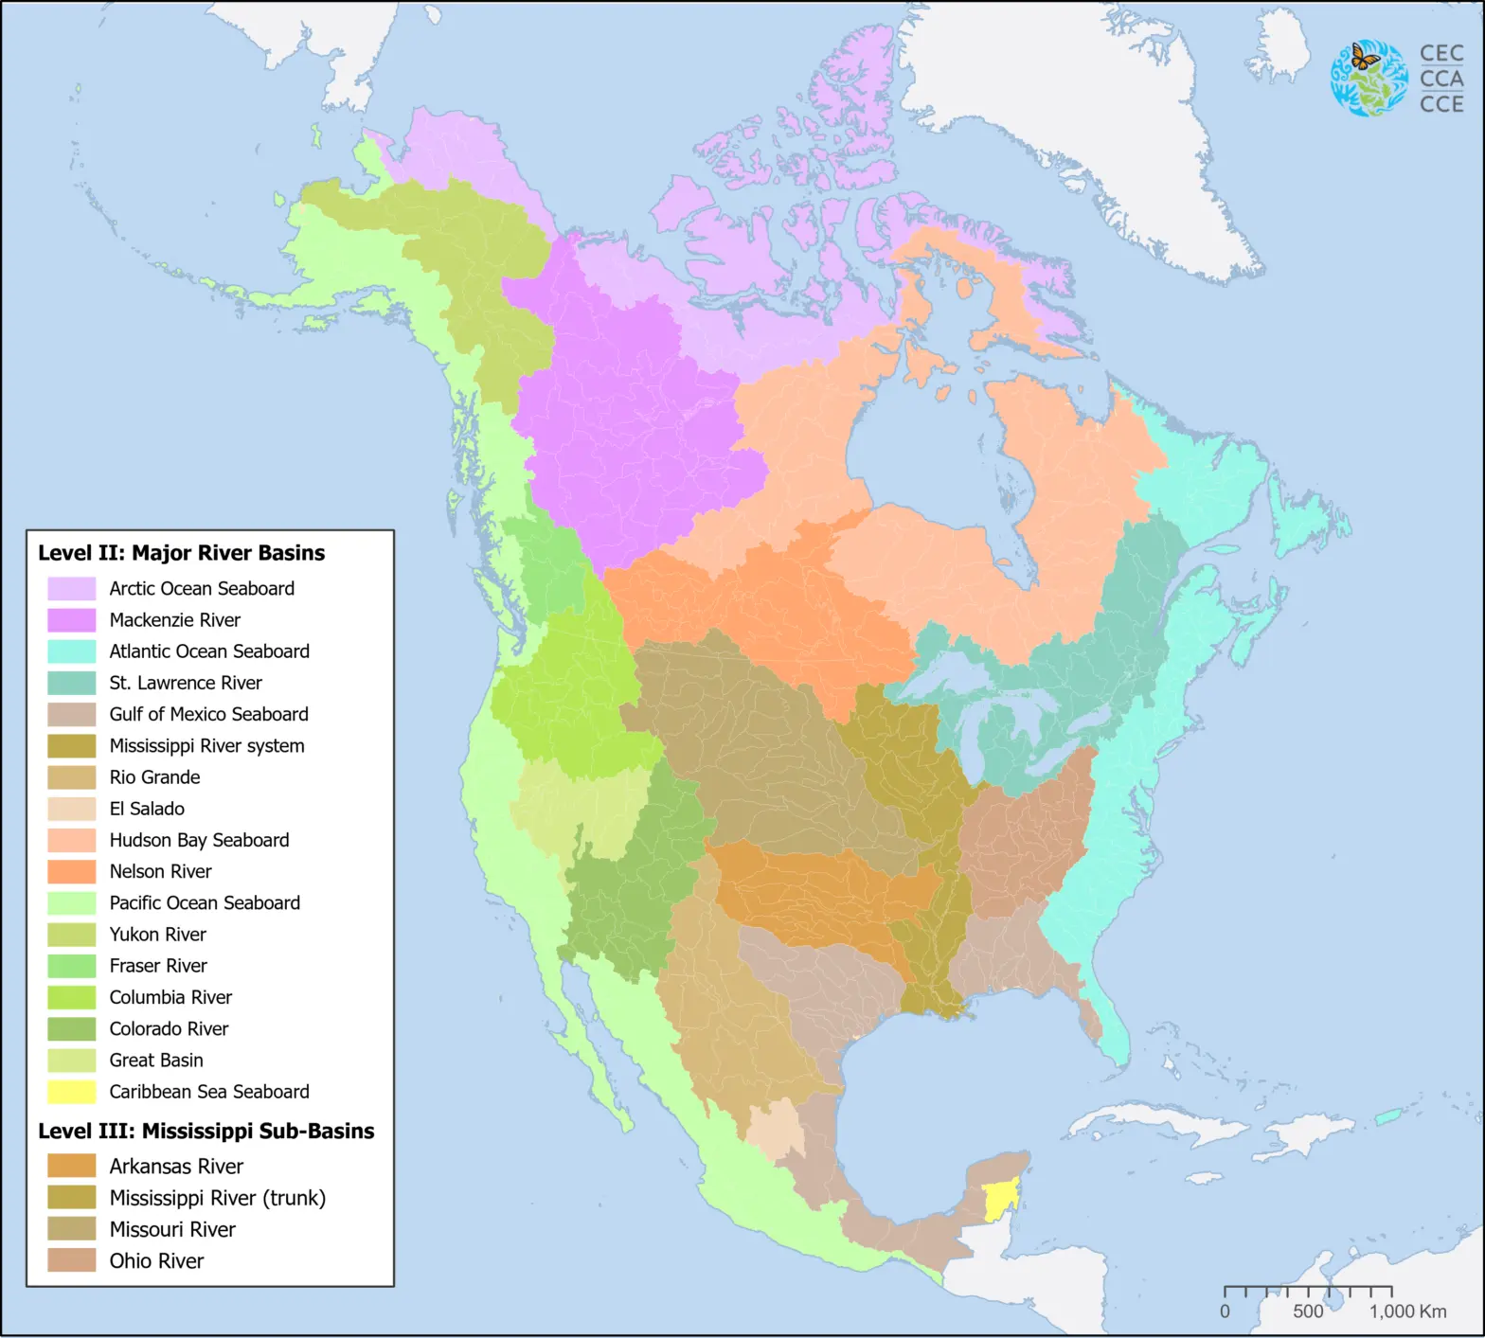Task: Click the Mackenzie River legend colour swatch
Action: (72, 620)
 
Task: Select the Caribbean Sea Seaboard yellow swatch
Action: (72, 1092)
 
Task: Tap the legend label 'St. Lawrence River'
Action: (186, 683)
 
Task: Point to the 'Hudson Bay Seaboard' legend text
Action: (199, 840)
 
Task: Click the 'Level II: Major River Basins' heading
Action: (181, 553)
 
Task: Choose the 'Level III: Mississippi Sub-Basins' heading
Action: (206, 1131)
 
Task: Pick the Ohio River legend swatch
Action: (72, 1260)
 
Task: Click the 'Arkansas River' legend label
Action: (176, 1167)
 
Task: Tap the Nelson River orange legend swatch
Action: (72, 871)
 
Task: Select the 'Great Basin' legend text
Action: (156, 1061)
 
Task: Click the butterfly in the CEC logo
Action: (1364, 58)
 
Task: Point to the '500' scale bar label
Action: (1308, 1311)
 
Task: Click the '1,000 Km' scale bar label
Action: (1407, 1311)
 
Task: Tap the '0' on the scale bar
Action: (1225, 1311)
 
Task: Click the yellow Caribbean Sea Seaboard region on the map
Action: (998, 1201)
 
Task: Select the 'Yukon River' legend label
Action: (157, 935)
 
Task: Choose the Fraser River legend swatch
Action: (72, 966)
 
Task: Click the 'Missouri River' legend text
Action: (172, 1229)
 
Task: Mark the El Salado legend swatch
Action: (72, 809)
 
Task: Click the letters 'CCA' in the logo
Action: (1441, 79)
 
